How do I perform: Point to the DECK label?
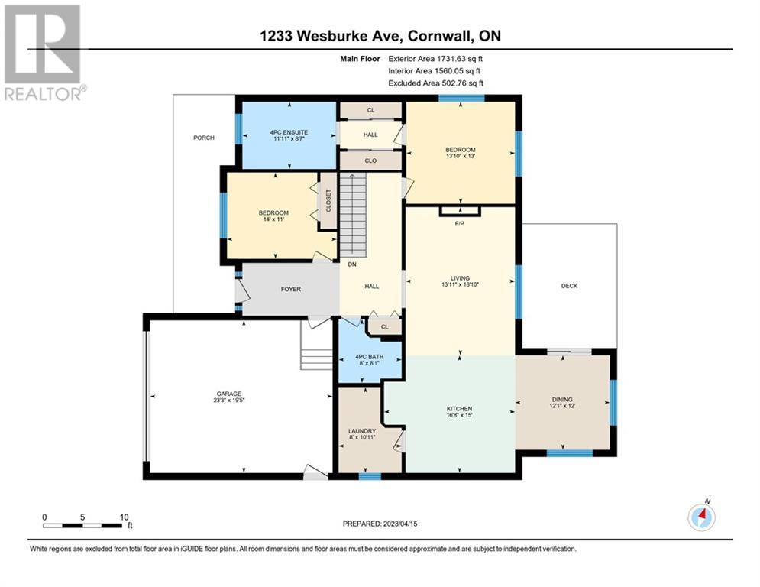(569, 286)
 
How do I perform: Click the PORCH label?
(203, 138)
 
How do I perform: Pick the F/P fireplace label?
(460, 224)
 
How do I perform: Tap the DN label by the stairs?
(351, 265)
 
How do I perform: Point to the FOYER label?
(290, 290)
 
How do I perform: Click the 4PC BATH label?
(370, 357)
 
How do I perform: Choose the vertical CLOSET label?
(328, 201)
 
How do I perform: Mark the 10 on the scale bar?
(124, 517)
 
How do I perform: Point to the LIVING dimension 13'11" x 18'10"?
(460, 285)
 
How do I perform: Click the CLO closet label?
(370, 161)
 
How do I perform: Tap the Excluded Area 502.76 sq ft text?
(436, 83)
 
